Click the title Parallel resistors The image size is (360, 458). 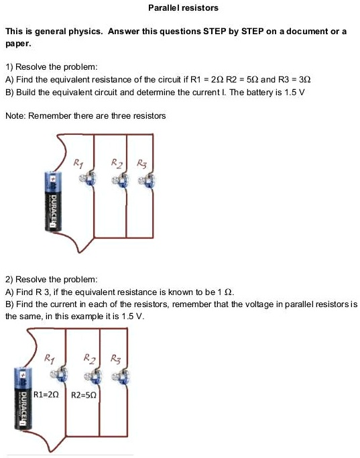pos(183,8)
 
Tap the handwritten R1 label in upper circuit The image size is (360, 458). pos(79,162)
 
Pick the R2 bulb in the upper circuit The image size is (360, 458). pos(123,178)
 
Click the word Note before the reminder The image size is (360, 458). pos(15,116)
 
